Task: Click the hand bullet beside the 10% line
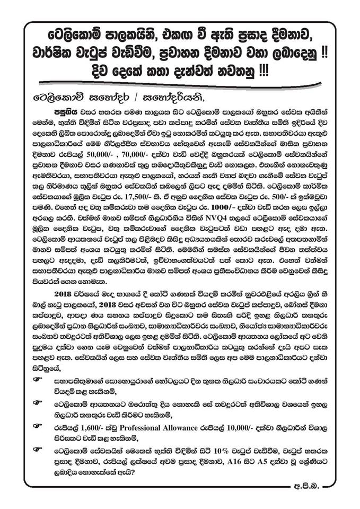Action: (36, 449)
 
